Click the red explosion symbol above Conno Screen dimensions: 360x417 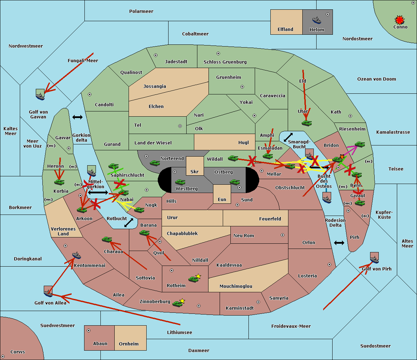click(400, 20)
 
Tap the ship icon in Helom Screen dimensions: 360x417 click(316, 20)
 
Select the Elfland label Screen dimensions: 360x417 click(285, 30)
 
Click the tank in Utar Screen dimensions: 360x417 click(306, 123)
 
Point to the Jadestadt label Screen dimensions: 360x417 click(176, 62)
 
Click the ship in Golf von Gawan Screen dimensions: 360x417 click(40, 95)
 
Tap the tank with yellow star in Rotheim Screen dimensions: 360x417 click(194, 278)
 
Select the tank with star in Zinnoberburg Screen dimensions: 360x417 click(178, 303)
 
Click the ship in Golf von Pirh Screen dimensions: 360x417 click(374, 258)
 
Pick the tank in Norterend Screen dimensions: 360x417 click(155, 162)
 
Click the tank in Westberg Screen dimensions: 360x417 click(180, 182)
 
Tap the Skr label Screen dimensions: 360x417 click(195, 172)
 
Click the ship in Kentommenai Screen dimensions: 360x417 click(76, 256)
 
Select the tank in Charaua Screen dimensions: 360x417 click(107, 239)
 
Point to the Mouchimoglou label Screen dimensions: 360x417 click(236, 286)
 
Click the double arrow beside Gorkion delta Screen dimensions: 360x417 click(77, 117)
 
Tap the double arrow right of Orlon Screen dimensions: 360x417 click(339, 243)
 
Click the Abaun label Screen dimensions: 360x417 click(100, 344)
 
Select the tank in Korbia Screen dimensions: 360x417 click(59, 182)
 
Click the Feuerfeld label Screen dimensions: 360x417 click(270, 219)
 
